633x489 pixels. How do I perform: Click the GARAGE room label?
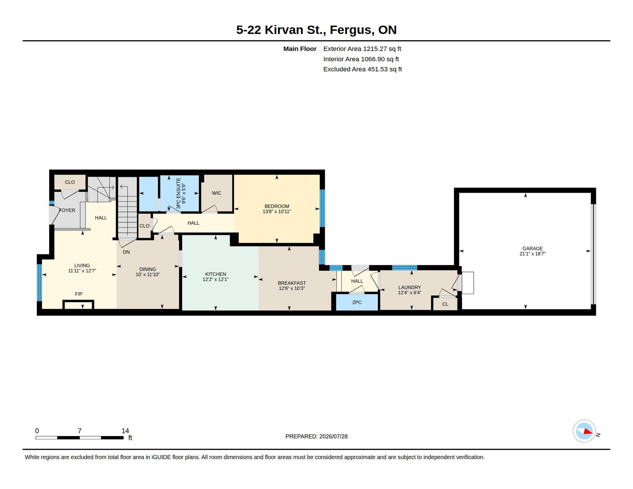(x=533, y=249)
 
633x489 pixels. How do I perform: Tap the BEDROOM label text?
(x=277, y=206)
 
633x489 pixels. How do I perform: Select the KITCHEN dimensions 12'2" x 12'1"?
(x=215, y=279)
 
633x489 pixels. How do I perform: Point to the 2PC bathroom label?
(x=357, y=302)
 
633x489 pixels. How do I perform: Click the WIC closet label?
(x=216, y=193)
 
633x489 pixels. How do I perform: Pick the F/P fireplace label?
(x=79, y=294)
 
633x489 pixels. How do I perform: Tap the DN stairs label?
(x=126, y=252)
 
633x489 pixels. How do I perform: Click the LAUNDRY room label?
(x=410, y=287)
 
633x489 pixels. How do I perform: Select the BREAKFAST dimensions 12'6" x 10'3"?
(x=292, y=288)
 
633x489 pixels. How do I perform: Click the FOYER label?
(x=67, y=210)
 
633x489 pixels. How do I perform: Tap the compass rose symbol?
(x=584, y=431)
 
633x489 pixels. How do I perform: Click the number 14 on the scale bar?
(x=125, y=431)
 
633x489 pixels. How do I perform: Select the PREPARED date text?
(x=316, y=436)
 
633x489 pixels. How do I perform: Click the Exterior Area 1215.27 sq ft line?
(x=362, y=49)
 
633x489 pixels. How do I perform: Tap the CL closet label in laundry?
(x=445, y=304)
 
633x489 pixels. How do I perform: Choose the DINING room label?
(x=148, y=270)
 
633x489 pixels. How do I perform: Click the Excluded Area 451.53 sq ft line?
(x=363, y=69)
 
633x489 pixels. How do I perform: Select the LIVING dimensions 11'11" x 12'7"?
(x=82, y=271)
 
